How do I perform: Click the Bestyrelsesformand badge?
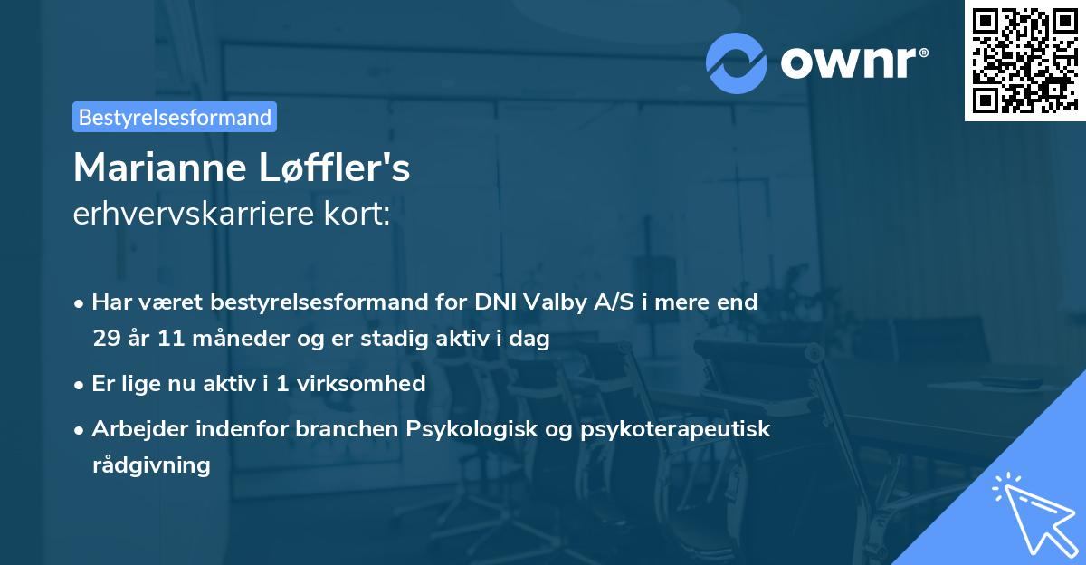[x=175, y=117]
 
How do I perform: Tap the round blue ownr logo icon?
[x=737, y=62]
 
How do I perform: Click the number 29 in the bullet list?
[x=104, y=340]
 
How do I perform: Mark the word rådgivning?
[x=151, y=465]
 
